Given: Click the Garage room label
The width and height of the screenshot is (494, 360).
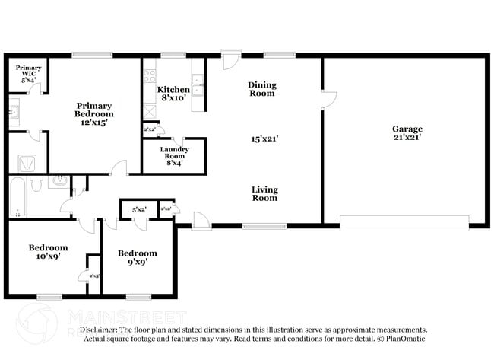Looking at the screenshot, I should (407, 133).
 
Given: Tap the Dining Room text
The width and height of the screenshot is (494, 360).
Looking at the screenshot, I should (262, 89).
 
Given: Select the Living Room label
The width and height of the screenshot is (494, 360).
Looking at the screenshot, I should (265, 193).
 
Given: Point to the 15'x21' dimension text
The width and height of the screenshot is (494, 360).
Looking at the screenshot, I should (265, 139).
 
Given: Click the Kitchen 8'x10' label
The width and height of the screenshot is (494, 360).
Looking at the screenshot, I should (173, 94).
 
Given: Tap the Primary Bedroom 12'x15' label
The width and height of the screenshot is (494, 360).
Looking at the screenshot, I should (94, 114).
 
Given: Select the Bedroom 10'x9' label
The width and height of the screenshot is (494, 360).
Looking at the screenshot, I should (48, 252).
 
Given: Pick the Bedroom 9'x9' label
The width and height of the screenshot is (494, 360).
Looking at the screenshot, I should (137, 257).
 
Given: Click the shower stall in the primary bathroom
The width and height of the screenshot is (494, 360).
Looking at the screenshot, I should (27, 163).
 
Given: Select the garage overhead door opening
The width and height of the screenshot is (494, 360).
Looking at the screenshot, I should (404, 222).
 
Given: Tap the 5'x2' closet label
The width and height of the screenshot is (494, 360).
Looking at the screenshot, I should (139, 209).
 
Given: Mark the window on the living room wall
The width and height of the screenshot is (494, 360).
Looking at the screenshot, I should (264, 225).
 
